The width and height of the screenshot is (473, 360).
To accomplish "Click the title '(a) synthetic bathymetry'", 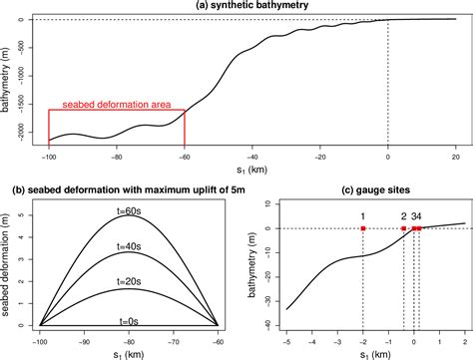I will (250, 6).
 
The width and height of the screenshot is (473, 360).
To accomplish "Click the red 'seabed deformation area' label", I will (116, 103).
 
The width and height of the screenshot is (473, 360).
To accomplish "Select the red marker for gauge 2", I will (403, 228).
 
